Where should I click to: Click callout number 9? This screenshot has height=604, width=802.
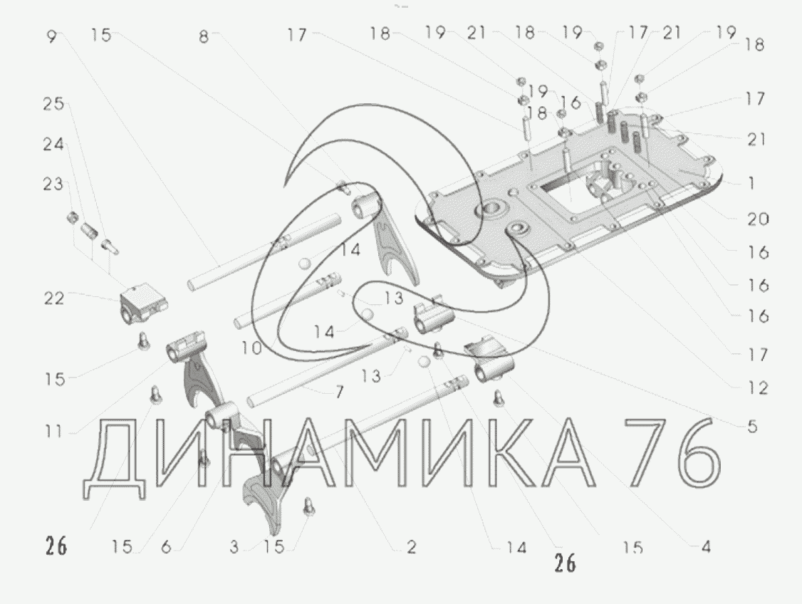tap(51, 36)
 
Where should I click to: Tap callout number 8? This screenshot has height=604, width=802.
tap(204, 37)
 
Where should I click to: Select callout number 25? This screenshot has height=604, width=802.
tap(53, 104)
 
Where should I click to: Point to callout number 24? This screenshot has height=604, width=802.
tap(53, 145)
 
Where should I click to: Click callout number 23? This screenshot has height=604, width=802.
tap(53, 184)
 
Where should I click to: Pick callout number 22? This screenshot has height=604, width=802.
tap(54, 298)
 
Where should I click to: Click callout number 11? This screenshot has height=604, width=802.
tap(53, 432)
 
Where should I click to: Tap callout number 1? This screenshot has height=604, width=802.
tap(751, 182)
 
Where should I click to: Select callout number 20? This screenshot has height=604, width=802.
tap(758, 219)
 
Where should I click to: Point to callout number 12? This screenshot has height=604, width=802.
tap(758, 389)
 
